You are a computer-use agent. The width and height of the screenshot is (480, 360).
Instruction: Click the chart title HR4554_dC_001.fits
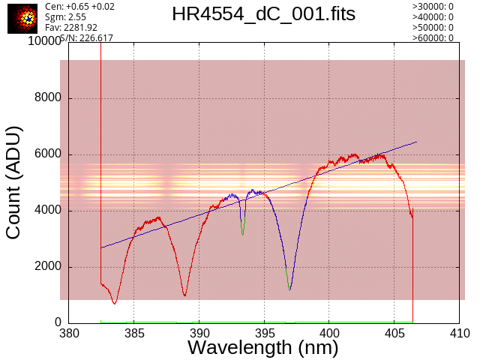point(263,14)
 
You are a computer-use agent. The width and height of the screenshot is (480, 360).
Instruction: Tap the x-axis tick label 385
point(134,333)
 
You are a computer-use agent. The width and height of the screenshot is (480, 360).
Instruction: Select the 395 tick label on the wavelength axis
point(264,333)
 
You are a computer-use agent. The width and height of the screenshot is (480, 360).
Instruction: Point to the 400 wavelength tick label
point(329,333)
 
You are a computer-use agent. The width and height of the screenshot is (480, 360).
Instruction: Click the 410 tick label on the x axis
point(460,333)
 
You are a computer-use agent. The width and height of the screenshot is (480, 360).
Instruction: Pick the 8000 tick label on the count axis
point(48,97)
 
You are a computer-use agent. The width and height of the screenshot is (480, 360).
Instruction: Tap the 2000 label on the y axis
point(48,266)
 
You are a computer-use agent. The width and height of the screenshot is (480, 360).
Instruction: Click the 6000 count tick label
point(48,154)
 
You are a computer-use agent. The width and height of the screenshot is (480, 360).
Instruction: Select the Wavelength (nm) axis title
point(263,348)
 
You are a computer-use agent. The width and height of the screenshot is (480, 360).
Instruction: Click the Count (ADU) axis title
point(13,183)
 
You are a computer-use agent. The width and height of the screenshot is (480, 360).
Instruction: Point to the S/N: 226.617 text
point(87,38)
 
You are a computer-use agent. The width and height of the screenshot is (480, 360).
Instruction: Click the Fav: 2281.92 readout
point(71,28)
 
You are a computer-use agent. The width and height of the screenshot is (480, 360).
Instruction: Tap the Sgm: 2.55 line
point(65,17)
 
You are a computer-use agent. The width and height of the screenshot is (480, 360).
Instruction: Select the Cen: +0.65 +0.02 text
point(79,7)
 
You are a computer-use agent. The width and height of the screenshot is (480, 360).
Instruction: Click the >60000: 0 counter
point(433,38)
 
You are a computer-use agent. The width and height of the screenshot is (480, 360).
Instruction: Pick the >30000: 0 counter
point(433,7)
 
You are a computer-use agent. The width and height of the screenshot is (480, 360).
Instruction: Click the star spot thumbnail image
point(22,19)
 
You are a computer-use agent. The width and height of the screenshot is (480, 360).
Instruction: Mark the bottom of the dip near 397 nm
point(289,289)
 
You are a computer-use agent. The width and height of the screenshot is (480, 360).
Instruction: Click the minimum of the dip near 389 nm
point(184,295)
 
